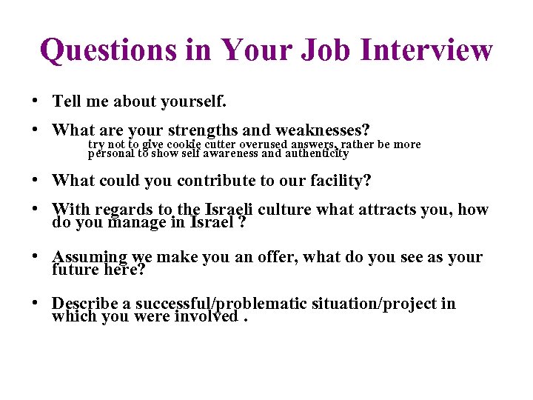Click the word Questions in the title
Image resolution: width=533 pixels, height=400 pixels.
[108, 50]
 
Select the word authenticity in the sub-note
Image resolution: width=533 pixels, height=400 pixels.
[317, 154]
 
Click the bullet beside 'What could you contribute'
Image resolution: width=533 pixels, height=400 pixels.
[36, 180]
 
